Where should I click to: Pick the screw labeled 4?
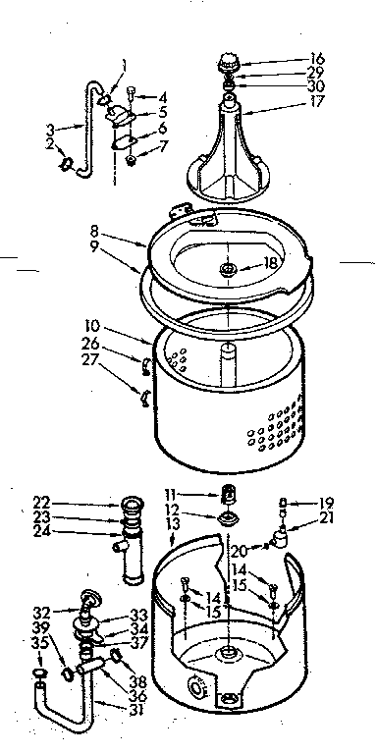pos(131,95)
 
